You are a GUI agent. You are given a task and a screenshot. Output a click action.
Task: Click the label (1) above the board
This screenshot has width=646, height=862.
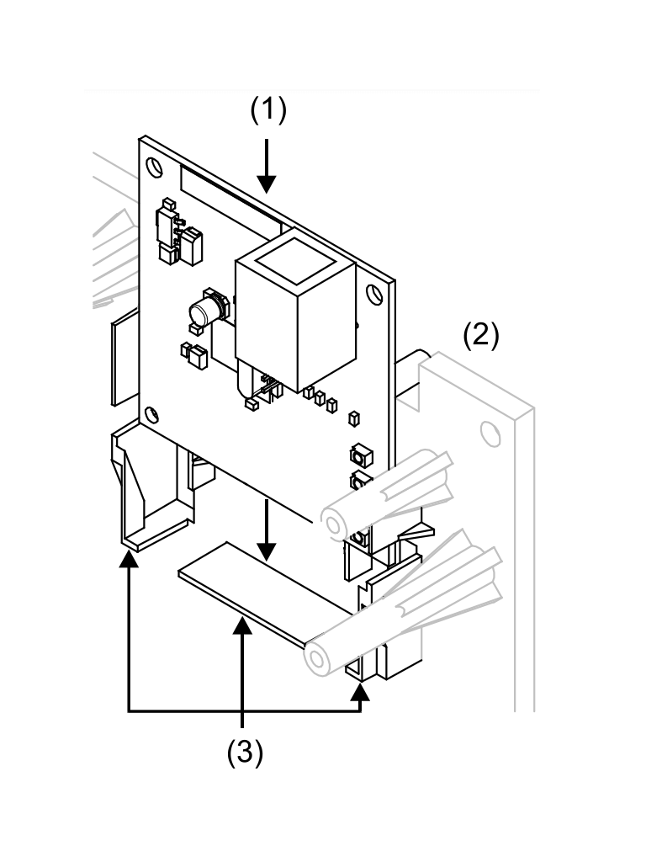pyautogui.click(x=269, y=111)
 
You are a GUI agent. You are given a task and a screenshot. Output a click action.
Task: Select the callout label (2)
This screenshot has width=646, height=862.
pyautogui.click(x=481, y=336)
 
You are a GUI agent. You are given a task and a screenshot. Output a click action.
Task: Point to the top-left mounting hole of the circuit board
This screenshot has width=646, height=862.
pyautogui.click(x=156, y=165)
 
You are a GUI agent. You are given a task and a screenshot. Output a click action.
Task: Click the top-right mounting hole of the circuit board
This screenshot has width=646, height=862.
pyautogui.click(x=374, y=295)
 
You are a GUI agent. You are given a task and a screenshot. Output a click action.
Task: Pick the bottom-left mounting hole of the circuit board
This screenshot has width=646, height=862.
pyautogui.click(x=151, y=413)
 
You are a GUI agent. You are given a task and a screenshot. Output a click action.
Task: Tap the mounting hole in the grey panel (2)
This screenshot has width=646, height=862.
pyautogui.click(x=487, y=434)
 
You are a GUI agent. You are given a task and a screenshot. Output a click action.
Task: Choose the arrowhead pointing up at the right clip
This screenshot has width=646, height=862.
pyautogui.click(x=362, y=692)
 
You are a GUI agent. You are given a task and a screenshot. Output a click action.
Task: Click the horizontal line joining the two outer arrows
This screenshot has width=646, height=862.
pyautogui.click(x=244, y=711)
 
